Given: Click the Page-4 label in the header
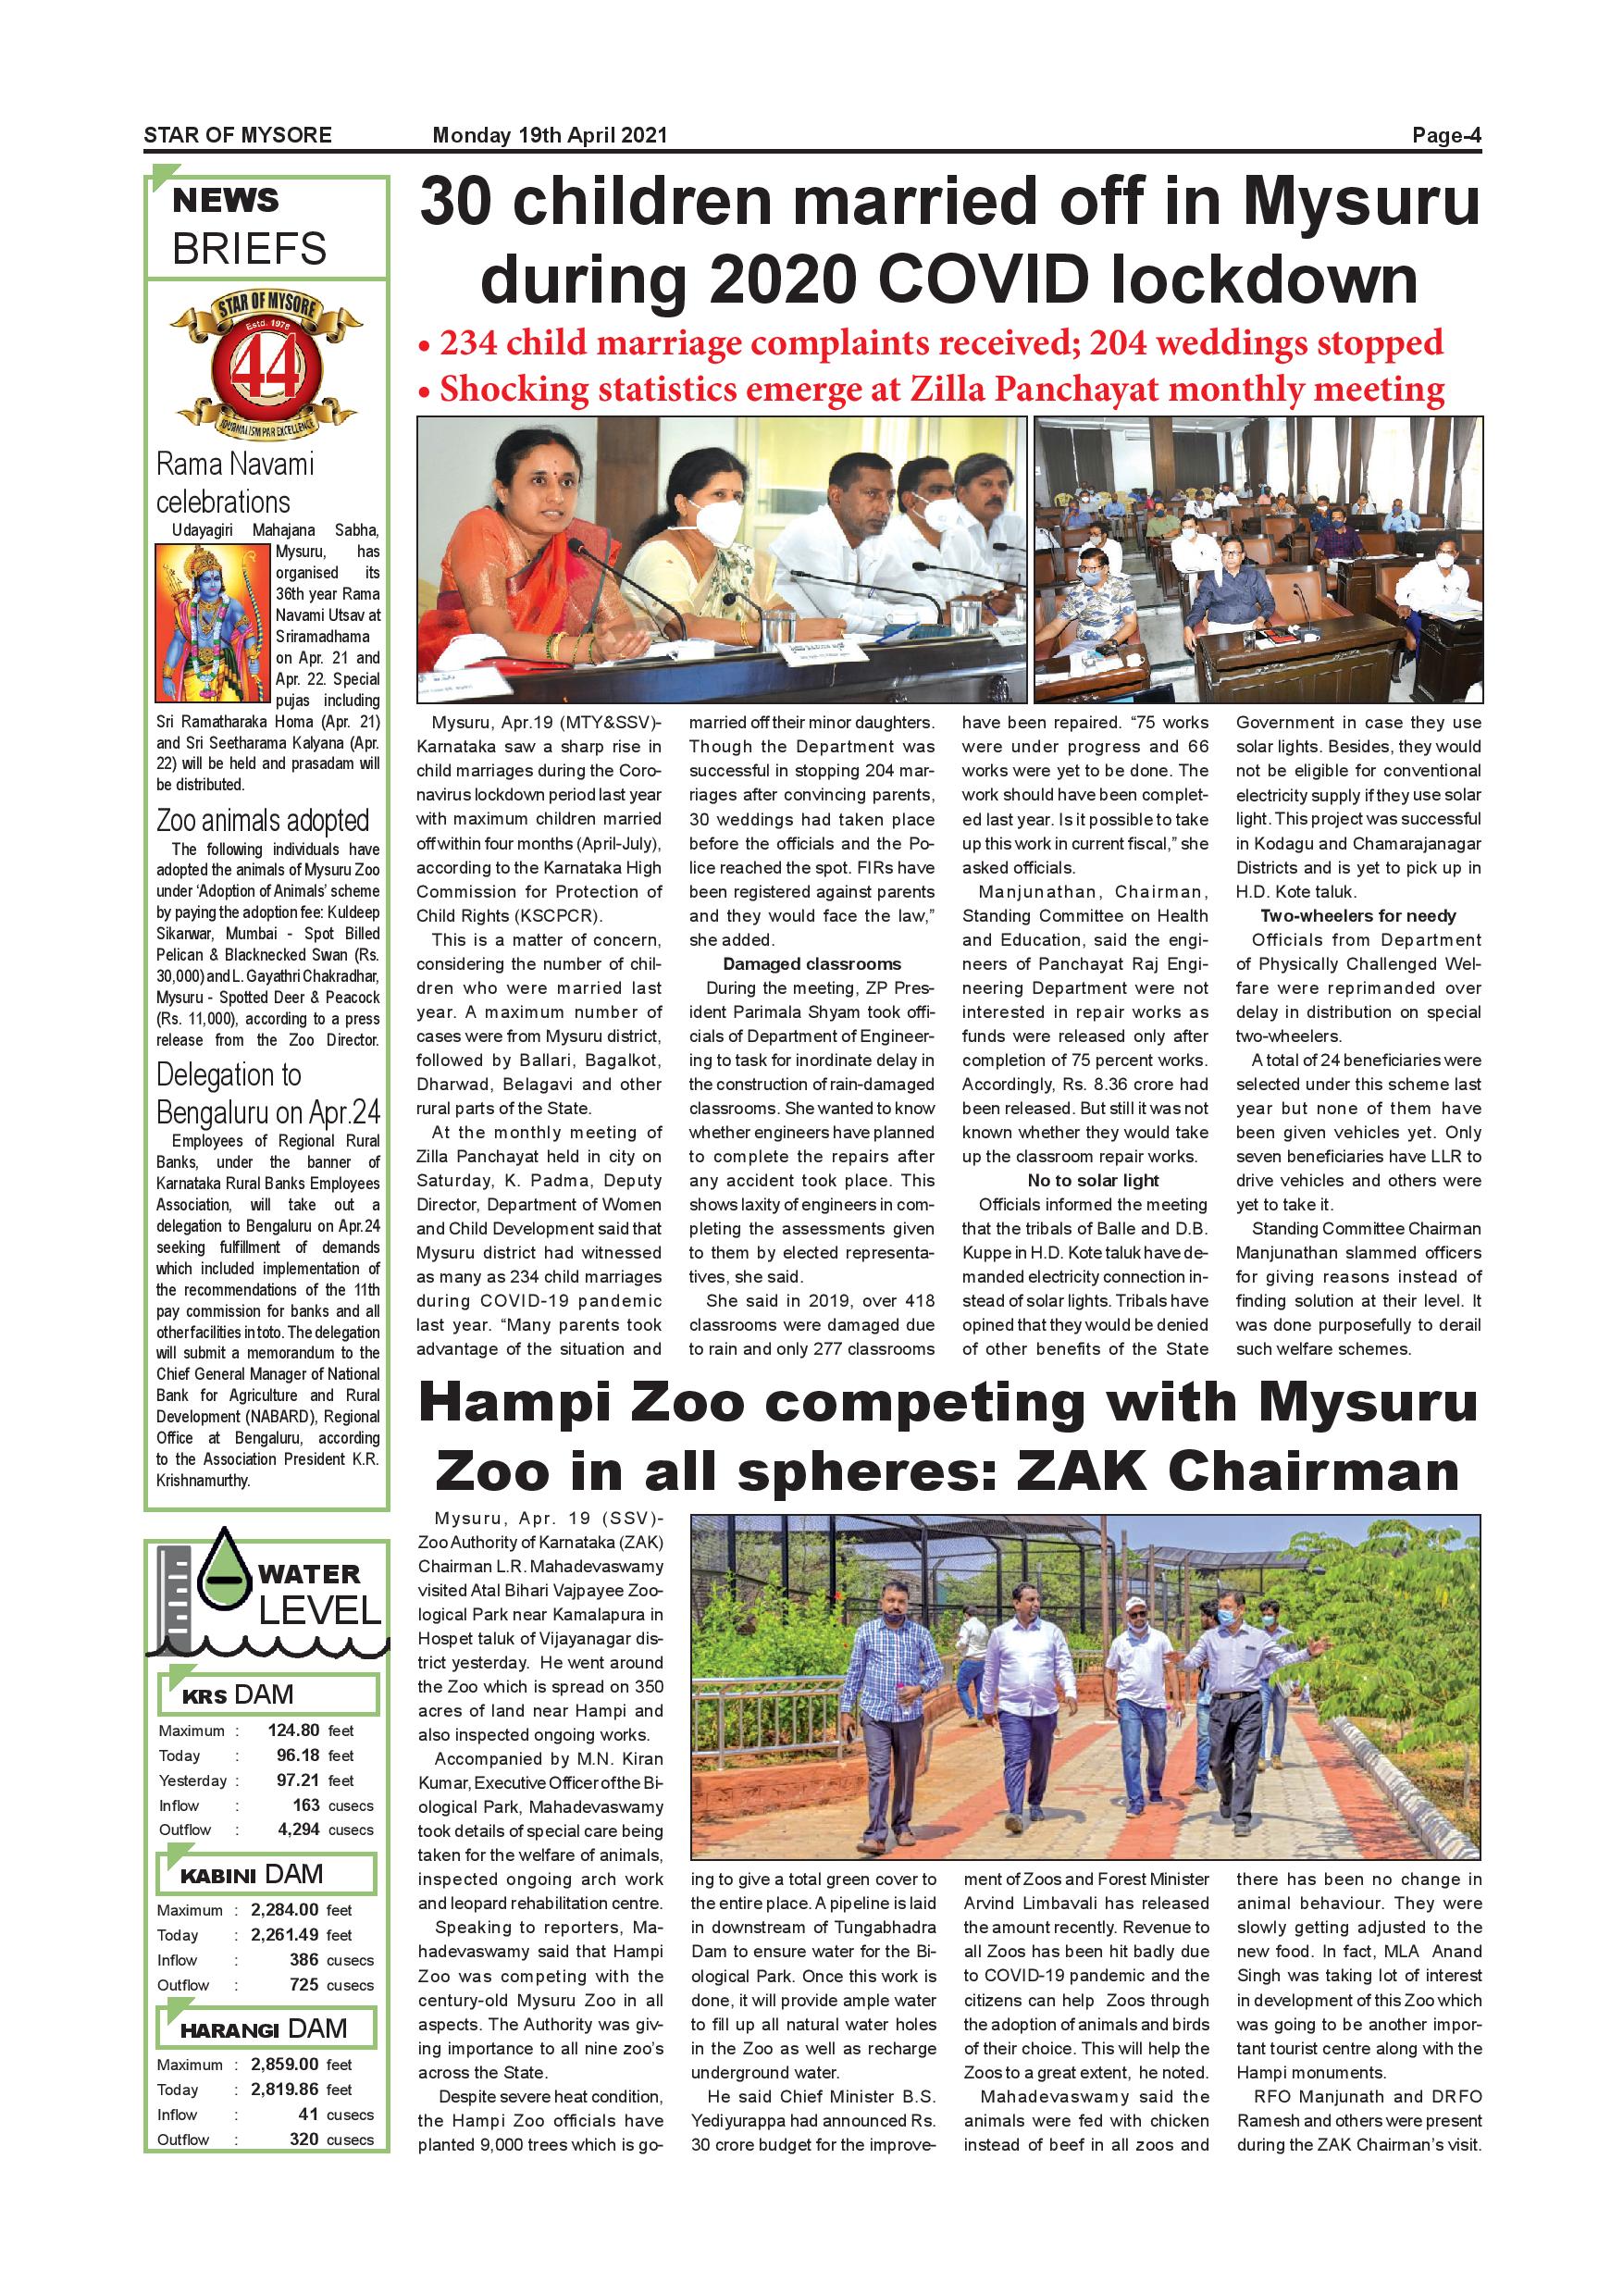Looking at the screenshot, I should coord(1445,136).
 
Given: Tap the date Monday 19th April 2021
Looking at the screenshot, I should coord(550,136).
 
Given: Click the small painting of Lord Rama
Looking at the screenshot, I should coord(213,622).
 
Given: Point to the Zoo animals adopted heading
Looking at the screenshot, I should coord(263,821).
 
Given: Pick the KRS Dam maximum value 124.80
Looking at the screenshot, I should coord(292,1731).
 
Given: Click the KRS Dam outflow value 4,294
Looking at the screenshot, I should coord(298,1830).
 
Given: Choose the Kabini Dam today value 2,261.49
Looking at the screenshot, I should coord(285,1935).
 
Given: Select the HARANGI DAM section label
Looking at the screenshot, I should coord(264,2029).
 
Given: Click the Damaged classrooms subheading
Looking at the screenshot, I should coord(811,963).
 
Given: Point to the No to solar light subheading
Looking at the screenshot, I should coord(1094,1181).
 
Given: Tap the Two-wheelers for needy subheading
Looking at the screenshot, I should coord(1357,915).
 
